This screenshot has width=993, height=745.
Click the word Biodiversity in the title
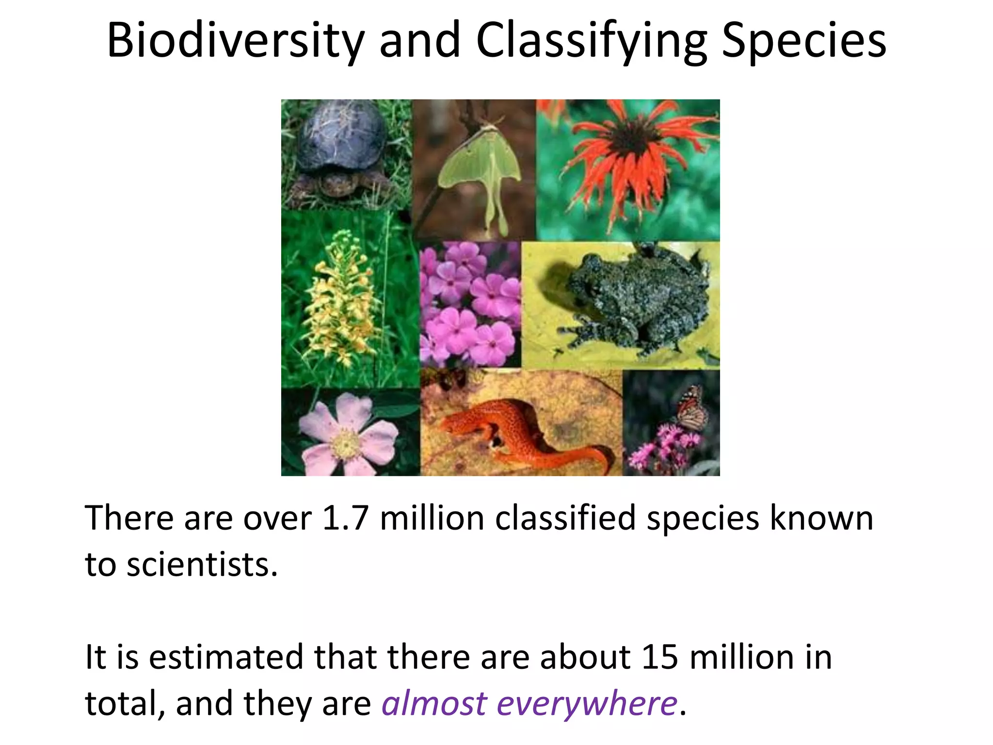click(x=235, y=41)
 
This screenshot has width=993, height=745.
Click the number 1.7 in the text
click(x=345, y=518)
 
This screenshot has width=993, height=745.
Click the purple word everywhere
click(x=587, y=703)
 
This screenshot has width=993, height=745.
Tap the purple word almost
click(x=434, y=703)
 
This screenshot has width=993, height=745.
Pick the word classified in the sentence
click(x=565, y=518)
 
